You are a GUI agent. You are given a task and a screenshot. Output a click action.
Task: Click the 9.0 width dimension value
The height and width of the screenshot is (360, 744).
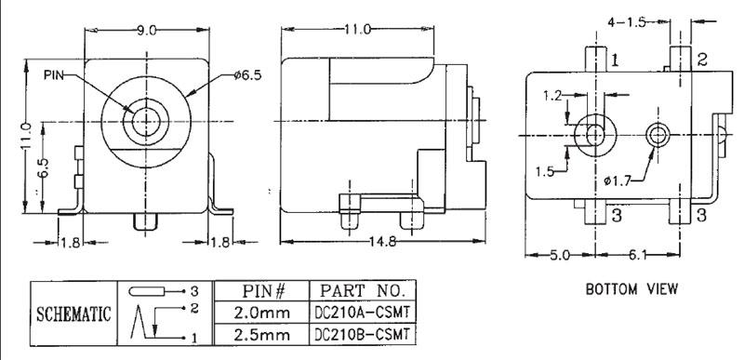point(147,31)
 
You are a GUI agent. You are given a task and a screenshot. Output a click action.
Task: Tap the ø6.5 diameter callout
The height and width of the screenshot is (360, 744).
point(247,75)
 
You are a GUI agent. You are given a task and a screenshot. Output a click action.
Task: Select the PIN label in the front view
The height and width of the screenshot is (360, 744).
point(54,74)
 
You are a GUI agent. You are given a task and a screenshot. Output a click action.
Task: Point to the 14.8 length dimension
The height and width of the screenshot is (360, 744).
point(382,242)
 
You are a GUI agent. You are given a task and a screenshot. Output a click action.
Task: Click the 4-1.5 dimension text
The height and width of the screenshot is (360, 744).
point(627,22)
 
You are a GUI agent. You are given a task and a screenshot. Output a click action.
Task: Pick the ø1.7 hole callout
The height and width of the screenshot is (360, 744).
point(617,180)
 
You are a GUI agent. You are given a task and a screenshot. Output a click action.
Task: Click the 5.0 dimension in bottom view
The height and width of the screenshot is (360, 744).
point(560,255)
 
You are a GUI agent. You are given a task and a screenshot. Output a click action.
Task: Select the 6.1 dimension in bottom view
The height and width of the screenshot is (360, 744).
point(638,255)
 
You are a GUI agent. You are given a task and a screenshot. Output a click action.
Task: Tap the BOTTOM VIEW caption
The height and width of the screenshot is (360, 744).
point(631,289)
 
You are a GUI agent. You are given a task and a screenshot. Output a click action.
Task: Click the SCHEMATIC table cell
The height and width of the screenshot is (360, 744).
point(73,313)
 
